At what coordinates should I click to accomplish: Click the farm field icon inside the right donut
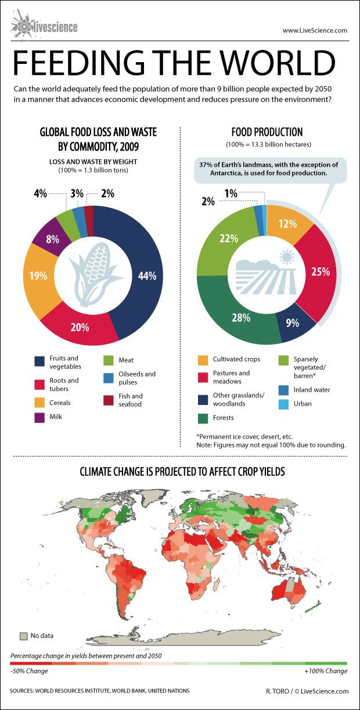[267, 273]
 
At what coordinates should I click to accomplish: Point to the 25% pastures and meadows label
[321, 271]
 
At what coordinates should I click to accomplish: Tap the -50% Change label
[29, 671]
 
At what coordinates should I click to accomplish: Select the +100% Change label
[325, 671]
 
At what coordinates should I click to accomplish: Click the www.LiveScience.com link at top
[315, 30]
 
